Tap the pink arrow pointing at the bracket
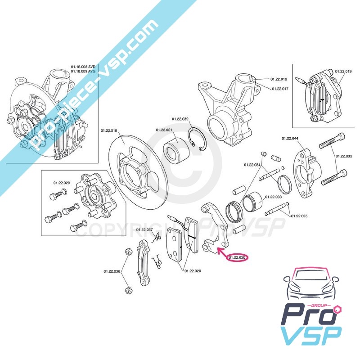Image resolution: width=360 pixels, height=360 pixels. (x=222, y=252)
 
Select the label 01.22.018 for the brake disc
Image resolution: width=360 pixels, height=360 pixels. (x=108, y=130)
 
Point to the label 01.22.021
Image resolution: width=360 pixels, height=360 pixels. (x=164, y=130)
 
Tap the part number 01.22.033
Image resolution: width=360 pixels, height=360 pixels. (x=344, y=156)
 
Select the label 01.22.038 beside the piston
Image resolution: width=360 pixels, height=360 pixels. (x=273, y=197)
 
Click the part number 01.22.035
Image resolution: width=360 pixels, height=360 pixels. (x=299, y=216)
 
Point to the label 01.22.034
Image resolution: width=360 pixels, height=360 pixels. (x=252, y=165)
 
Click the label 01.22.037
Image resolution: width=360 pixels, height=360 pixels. (x=144, y=229)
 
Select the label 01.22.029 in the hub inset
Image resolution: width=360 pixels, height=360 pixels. (x=62, y=183)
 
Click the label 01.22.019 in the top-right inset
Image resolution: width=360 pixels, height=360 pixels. (x=343, y=71)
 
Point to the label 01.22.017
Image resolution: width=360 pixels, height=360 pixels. (x=280, y=89)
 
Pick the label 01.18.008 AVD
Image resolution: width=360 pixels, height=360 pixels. (x=84, y=67)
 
